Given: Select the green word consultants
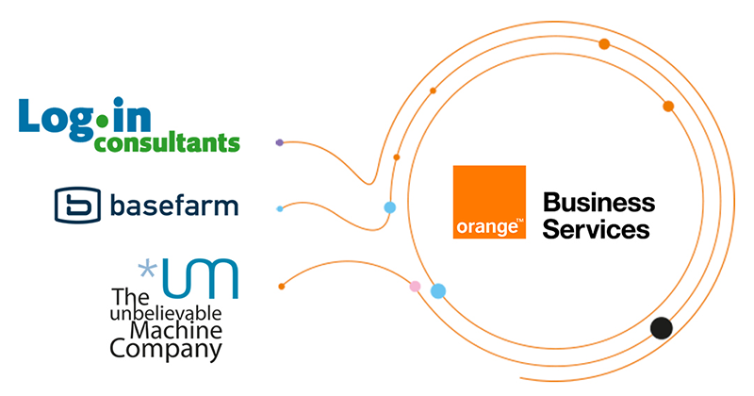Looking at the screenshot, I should [x=166, y=143].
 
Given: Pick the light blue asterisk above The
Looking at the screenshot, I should [x=148, y=272].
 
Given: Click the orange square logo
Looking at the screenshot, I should [x=489, y=202].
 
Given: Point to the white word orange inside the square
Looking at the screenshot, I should [x=484, y=228].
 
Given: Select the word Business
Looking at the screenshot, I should [x=598, y=202].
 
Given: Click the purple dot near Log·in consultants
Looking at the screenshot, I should [x=279, y=142].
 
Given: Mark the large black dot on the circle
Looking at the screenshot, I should [x=662, y=328].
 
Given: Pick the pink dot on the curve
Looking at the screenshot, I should [x=415, y=286].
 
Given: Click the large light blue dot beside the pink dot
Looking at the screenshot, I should [x=437, y=290].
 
